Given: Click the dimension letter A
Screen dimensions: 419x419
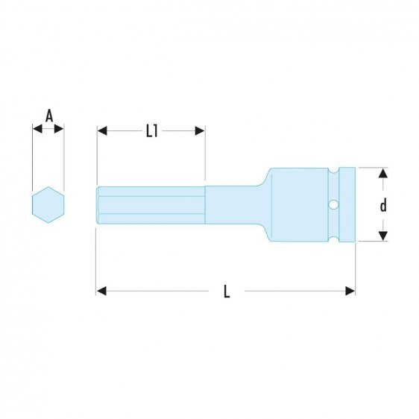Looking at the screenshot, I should click(49, 116).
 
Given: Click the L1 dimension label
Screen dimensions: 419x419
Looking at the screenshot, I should click(151, 131).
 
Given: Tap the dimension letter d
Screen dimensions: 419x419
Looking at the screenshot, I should click(382, 205).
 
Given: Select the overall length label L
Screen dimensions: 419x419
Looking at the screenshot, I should click(227, 292).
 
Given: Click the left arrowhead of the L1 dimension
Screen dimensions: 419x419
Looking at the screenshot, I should click(102, 131).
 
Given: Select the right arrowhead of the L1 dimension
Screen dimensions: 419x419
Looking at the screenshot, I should click(200, 131).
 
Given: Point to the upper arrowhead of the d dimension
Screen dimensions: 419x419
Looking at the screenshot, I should click(382, 174).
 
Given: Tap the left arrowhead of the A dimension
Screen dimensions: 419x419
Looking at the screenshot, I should click(37, 130).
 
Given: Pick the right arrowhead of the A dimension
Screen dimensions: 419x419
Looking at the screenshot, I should click(60, 130).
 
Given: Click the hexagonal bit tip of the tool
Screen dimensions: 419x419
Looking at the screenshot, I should click(149, 204).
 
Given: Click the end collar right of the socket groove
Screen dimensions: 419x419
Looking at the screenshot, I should click(350, 204).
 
